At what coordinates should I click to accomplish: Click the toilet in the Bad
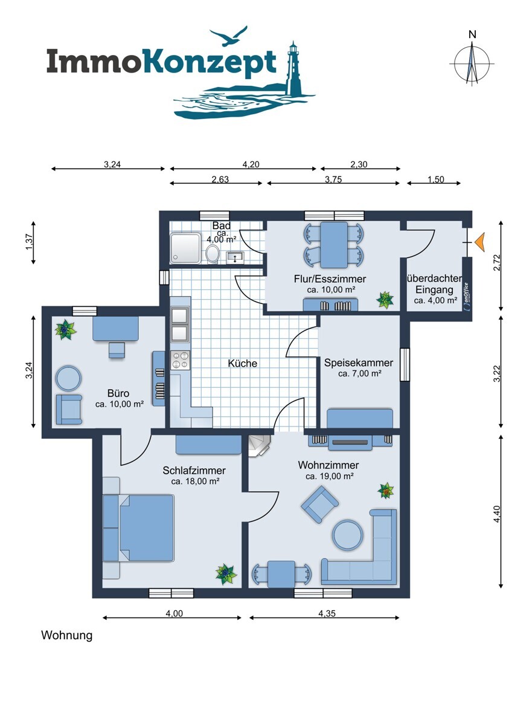212,253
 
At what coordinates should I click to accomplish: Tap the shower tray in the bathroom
185,248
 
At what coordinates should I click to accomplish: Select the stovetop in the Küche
180,359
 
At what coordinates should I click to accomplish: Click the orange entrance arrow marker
479,242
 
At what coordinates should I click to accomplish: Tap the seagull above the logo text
228,36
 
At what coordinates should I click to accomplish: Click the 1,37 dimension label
28,242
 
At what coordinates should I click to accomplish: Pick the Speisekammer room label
359,363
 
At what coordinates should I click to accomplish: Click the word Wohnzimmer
328,465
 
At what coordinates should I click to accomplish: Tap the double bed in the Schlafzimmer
138,527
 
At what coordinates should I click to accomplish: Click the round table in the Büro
68,378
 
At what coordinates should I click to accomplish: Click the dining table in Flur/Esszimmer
334,245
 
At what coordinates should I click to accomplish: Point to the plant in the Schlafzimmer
226,575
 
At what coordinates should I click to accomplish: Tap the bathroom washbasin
234,257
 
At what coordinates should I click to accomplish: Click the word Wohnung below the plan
66,636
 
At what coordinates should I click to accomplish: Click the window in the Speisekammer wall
405,364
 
